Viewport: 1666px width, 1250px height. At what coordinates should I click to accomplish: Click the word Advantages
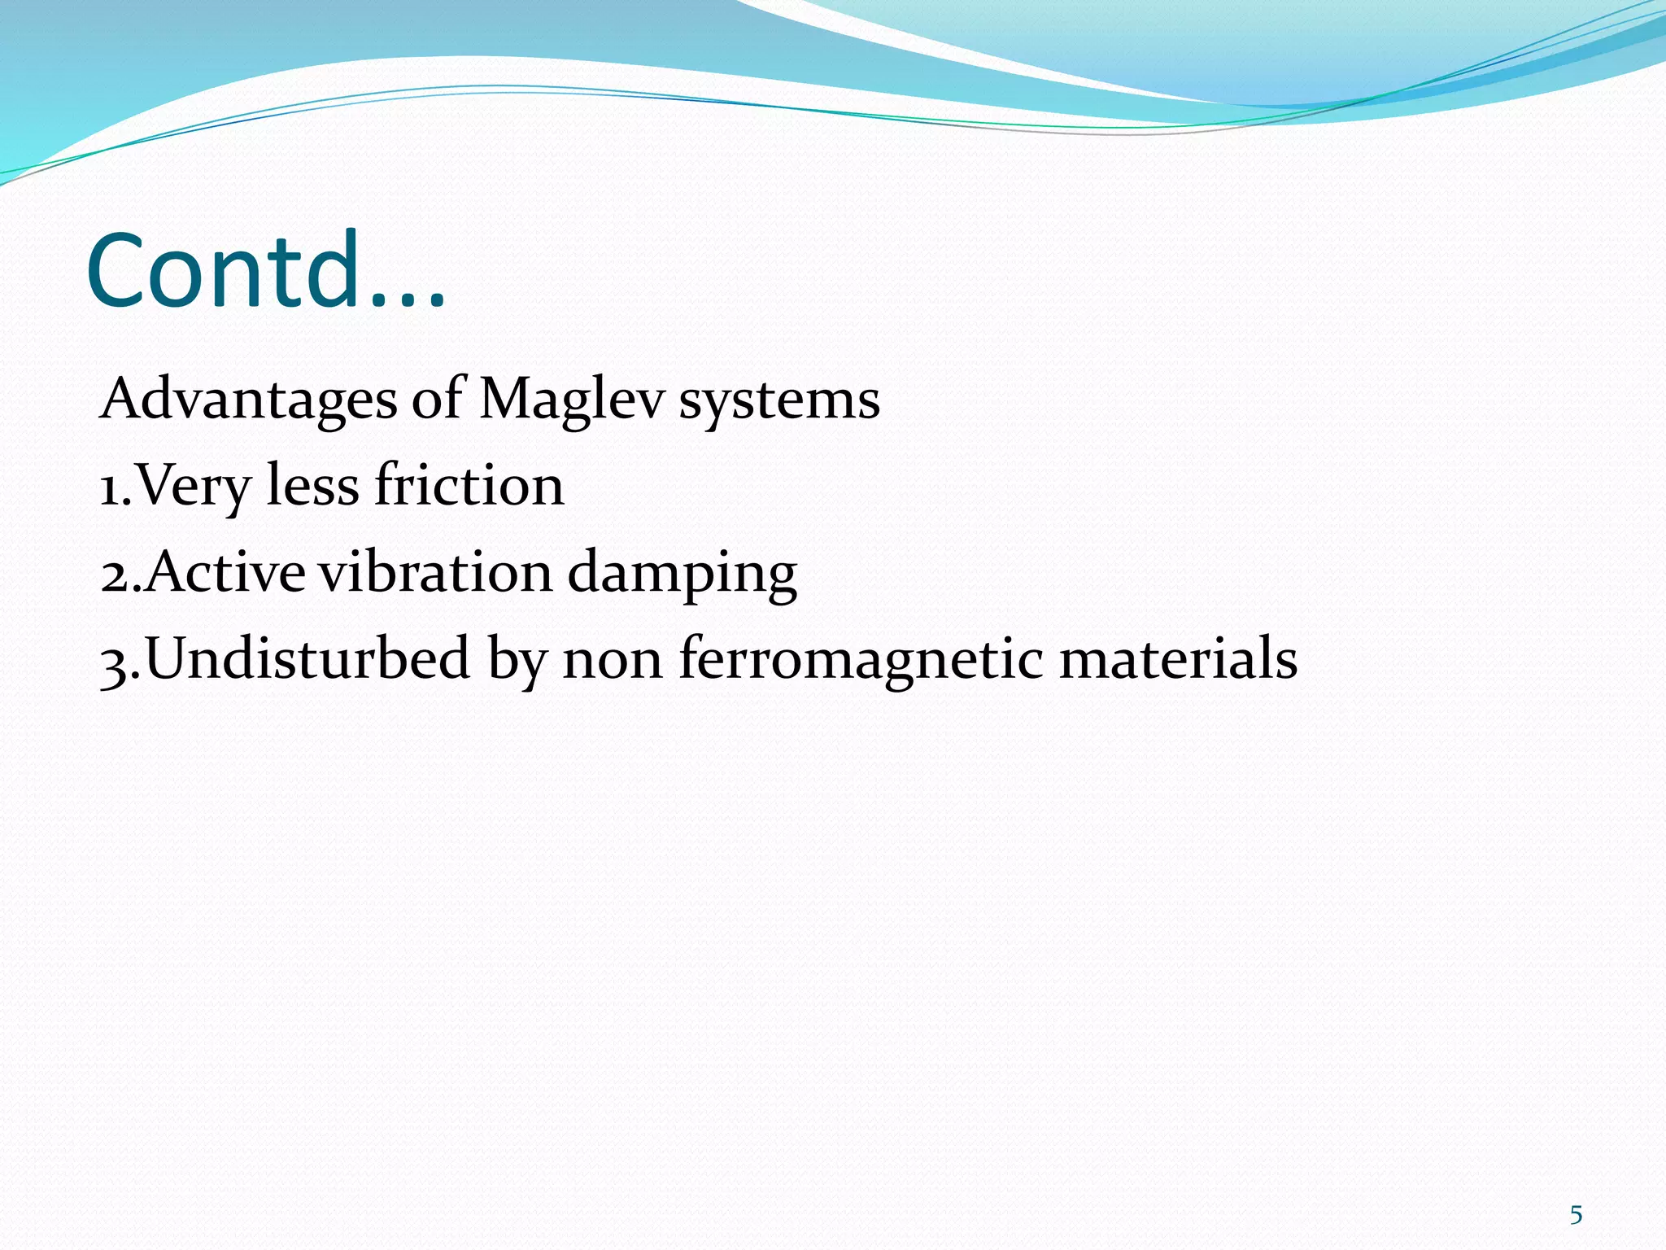[x=249, y=400]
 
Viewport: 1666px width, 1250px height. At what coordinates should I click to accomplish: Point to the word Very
[x=194, y=487]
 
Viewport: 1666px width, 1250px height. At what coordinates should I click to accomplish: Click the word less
[x=312, y=485]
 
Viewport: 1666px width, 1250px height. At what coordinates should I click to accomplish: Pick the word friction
[x=469, y=485]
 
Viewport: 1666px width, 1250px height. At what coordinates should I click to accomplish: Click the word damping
[x=682, y=575]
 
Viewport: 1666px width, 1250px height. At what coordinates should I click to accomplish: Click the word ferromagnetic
[x=861, y=659]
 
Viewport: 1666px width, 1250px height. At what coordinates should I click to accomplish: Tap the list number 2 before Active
[x=115, y=575]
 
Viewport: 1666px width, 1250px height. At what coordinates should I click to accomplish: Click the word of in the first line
[x=437, y=400]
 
